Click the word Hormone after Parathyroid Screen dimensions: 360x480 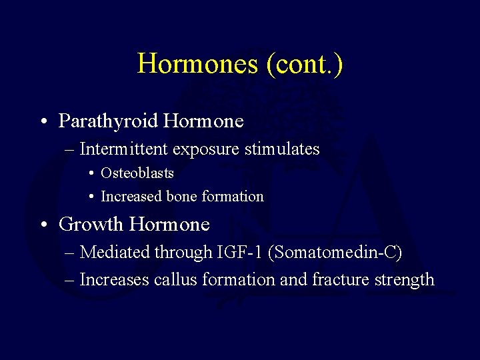coord(203,121)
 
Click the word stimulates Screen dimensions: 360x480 coord(283,149)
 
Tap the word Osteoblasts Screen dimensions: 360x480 coord(137,173)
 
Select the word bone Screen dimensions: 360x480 coord(182,197)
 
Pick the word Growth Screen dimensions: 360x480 coord(91,225)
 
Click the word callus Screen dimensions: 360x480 coord(176,280)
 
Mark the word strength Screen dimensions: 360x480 coord(406,280)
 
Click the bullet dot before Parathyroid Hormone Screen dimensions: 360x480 coord(42,122)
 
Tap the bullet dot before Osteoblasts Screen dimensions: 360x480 coord(90,174)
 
